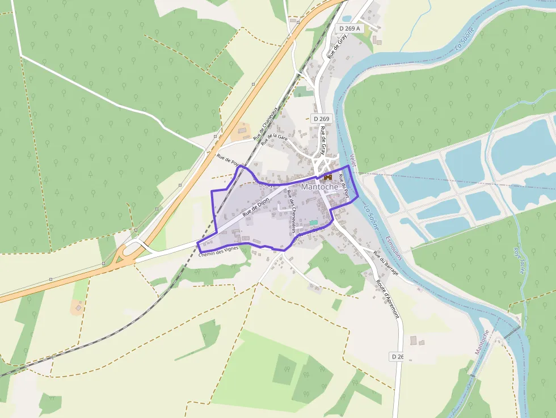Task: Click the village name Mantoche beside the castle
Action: coord(319,187)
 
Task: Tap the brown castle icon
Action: coord(328,177)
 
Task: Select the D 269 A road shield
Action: coord(350,28)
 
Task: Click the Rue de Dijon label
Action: coord(255,207)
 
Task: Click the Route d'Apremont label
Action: coord(388,298)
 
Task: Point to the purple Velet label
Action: coord(353,161)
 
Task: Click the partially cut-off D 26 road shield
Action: coord(397,356)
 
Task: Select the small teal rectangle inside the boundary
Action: coord(313,222)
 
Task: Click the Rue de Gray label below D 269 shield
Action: coord(323,141)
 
